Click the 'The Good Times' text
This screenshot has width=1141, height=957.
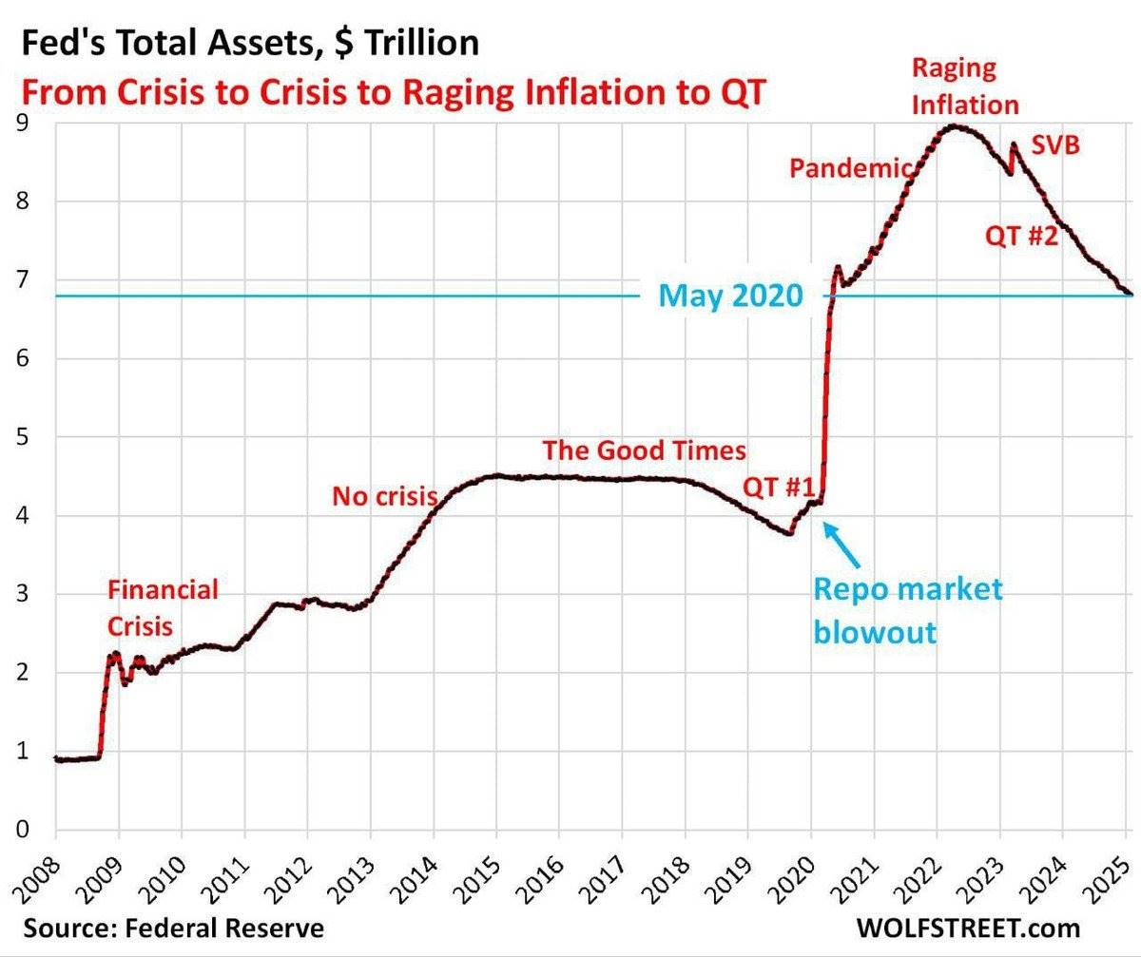coord(644,450)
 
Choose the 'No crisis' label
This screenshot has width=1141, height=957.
coord(384,495)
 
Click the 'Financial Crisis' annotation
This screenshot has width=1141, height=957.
coord(162,608)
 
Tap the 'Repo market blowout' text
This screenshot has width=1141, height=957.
coord(906,610)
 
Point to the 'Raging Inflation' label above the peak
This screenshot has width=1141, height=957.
coord(964,86)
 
